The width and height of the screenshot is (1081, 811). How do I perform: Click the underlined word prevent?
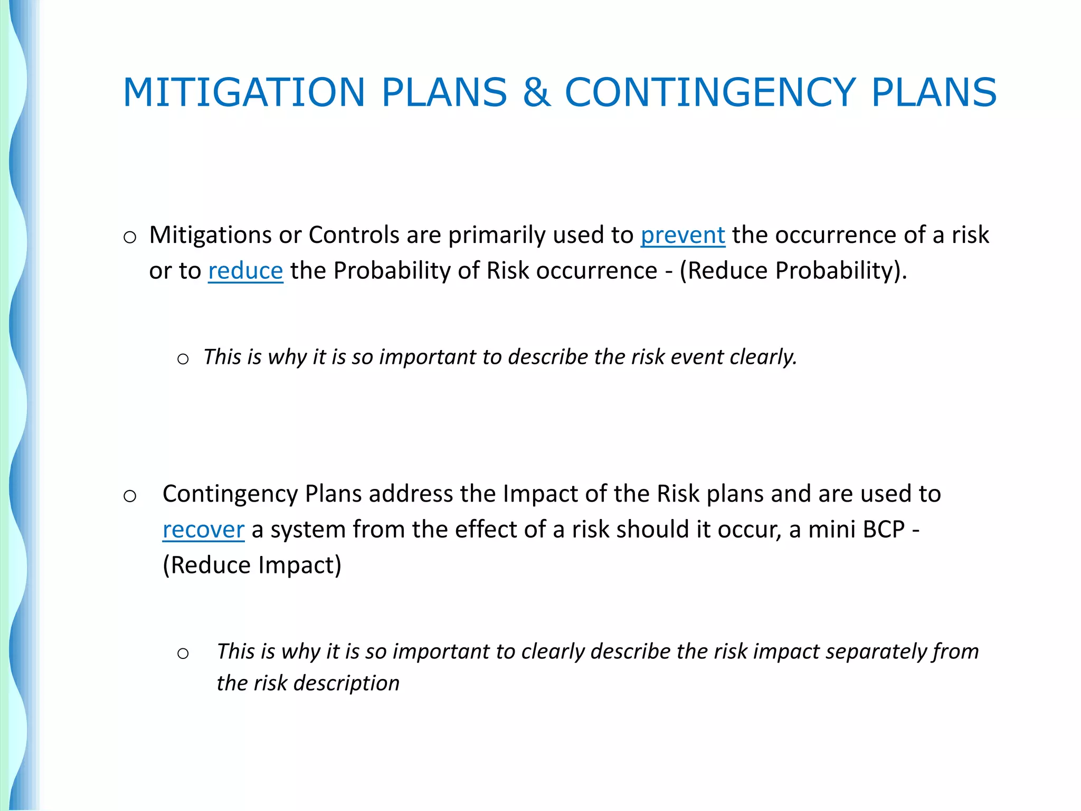pyautogui.click(x=682, y=235)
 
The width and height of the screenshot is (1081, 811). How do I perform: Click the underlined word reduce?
pyautogui.click(x=245, y=271)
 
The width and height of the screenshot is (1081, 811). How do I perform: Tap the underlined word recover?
pyautogui.click(x=203, y=530)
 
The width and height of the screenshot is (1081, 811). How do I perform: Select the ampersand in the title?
pyautogui.click(x=536, y=93)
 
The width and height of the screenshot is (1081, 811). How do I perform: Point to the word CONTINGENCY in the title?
pyautogui.click(x=710, y=93)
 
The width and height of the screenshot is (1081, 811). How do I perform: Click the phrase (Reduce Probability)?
pyautogui.click(x=793, y=271)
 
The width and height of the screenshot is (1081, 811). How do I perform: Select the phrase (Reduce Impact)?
pyautogui.click(x=252, y=565)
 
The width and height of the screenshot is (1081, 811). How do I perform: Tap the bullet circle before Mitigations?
pyautogui.click(x=130, y=238)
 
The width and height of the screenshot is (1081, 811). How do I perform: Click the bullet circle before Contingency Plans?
pyautogui.click(x=130, y=496)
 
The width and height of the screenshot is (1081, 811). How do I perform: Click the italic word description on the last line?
pyautogui.click(x=346, y=684)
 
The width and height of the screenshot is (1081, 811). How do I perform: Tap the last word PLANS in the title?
pyautogui.click(x=933, y=93)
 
